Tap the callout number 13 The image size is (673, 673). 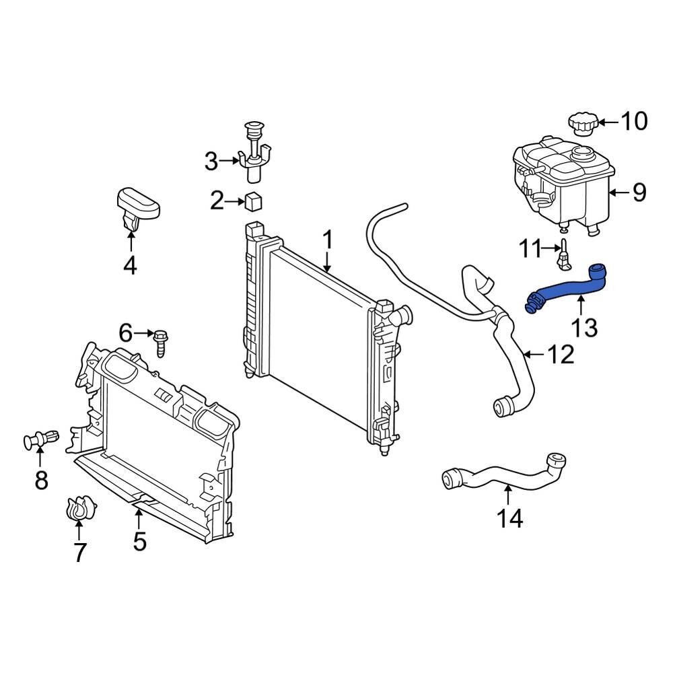[x=584, y=328]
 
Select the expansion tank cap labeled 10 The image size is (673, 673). [x=583, y=124]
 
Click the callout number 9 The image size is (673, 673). [x=639, y=192]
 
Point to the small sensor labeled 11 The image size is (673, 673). [x=564, y=254]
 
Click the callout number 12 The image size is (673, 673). [x=560, y=354]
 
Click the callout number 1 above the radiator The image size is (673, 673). [x=328, y=240]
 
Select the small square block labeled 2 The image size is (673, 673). [x=254, y=201]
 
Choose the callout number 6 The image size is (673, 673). [x=126, y=332]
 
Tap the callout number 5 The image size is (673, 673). [x=139, y=540]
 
